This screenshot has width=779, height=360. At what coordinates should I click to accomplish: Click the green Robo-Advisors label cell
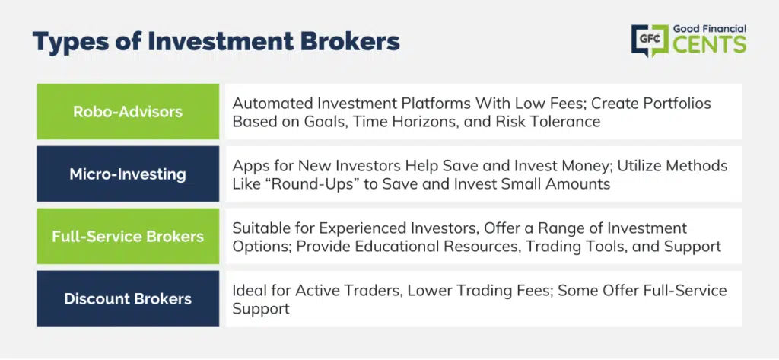128,111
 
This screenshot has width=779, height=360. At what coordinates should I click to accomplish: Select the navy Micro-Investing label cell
128,174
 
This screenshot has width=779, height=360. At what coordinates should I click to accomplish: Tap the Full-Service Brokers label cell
128,236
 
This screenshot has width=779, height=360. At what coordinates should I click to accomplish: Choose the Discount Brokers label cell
128,299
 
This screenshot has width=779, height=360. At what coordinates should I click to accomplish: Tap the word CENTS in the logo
710,45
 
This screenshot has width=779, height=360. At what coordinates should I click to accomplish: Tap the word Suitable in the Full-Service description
258,228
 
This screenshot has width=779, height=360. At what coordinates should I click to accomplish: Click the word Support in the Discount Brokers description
261,308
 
